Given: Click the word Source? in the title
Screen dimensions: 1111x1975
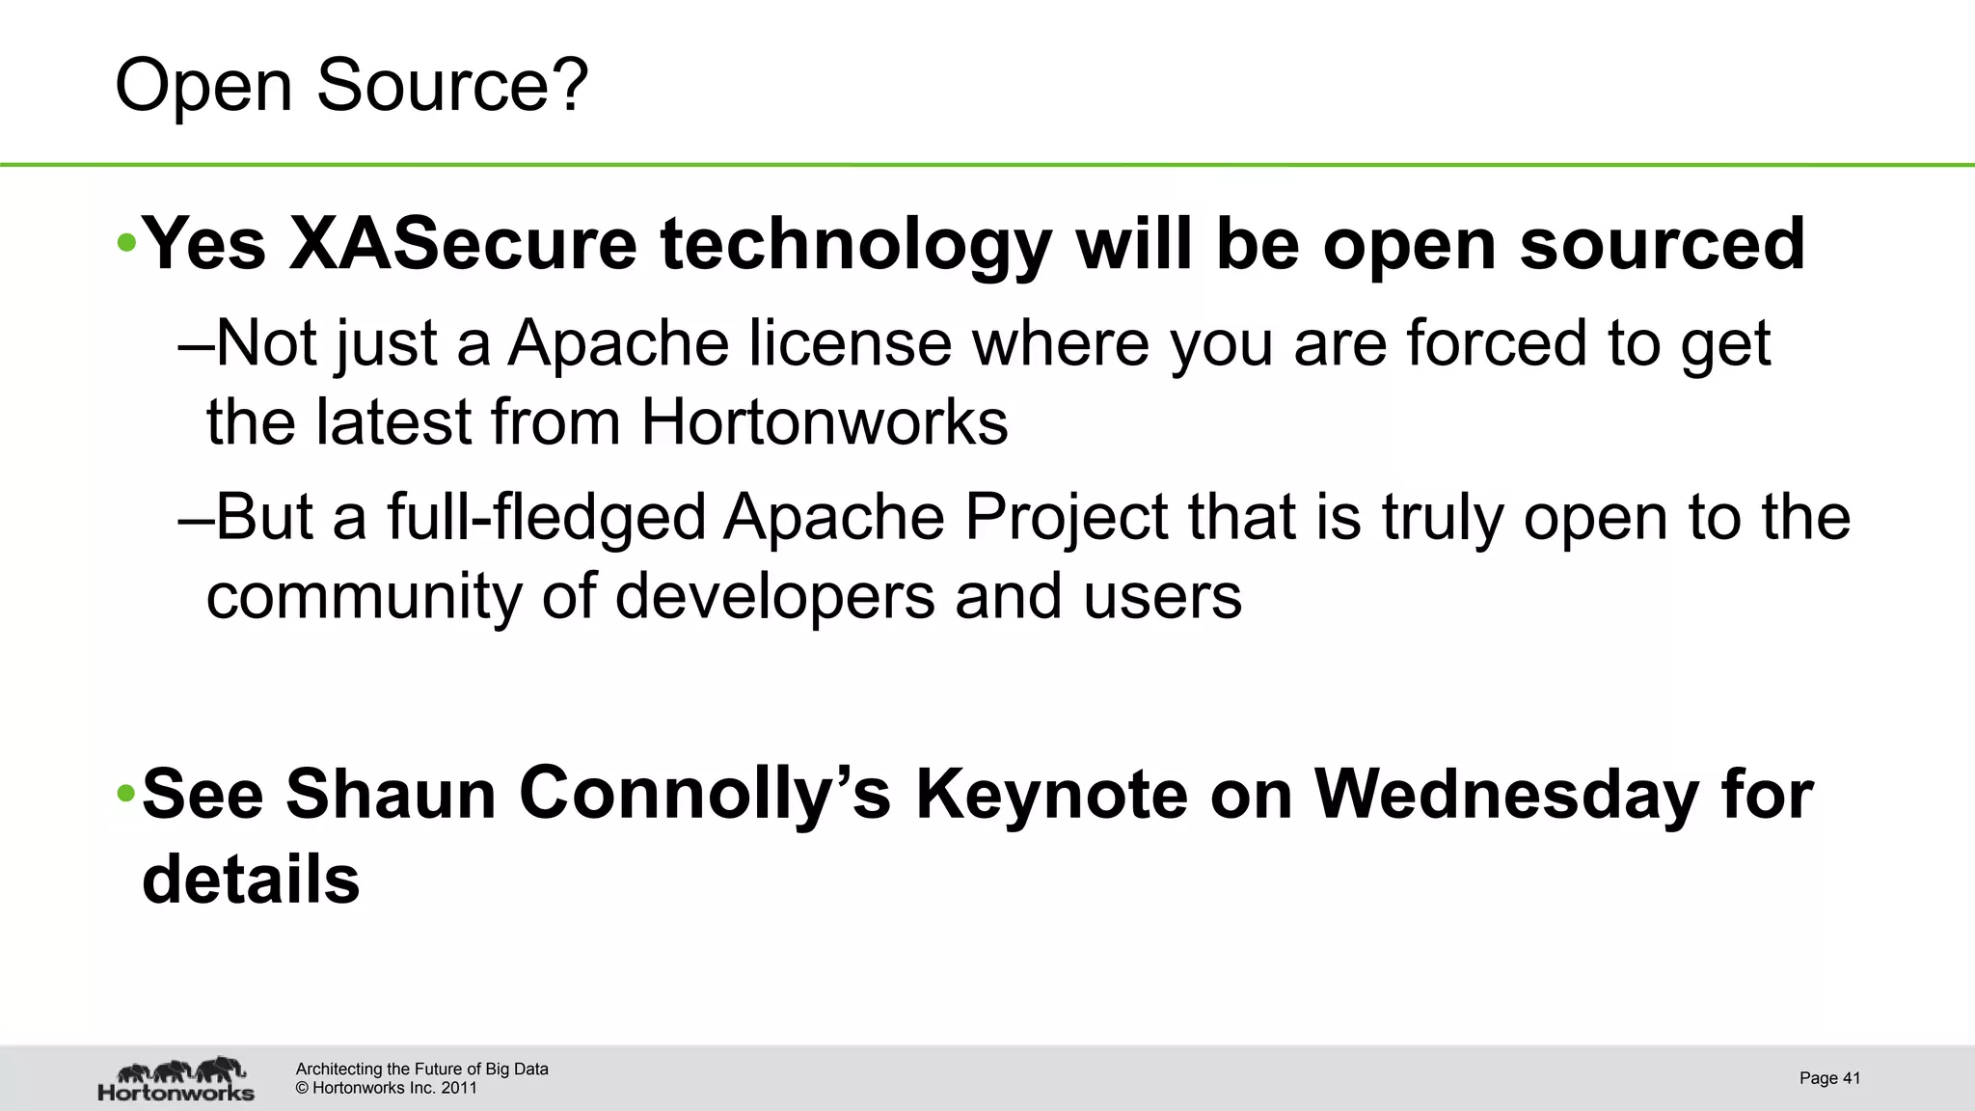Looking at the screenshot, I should coord(451,86).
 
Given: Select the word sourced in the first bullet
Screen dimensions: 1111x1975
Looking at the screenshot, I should coord(1662,243).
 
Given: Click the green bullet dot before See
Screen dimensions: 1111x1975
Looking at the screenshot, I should coord(126,794).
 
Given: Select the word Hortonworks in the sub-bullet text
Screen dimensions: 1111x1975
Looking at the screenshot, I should coord(824,422).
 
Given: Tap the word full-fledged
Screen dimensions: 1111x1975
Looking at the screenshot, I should coord(545,518).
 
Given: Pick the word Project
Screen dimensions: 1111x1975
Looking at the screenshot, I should coord(1066,518).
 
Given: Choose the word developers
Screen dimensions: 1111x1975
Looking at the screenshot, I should coord(774,597).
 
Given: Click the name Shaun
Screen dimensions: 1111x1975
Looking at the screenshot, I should coord(390,794).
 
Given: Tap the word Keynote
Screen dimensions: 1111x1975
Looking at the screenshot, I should coord(1050,794).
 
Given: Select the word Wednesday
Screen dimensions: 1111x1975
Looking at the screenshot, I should coord(1506,794).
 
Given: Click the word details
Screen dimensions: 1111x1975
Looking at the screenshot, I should coord(251,880).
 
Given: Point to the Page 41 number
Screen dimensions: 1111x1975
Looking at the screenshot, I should coord(1828,1078).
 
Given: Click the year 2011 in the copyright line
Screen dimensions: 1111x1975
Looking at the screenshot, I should coord(459,1089).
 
